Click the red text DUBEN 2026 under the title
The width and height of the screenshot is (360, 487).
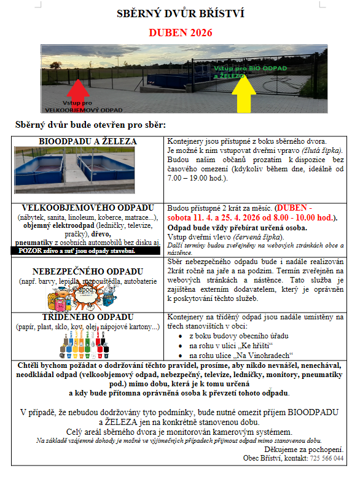180,32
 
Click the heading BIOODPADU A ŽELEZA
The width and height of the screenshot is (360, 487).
88,142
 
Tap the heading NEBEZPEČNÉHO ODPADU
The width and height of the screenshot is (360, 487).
88,271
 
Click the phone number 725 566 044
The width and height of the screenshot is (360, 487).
327,458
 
